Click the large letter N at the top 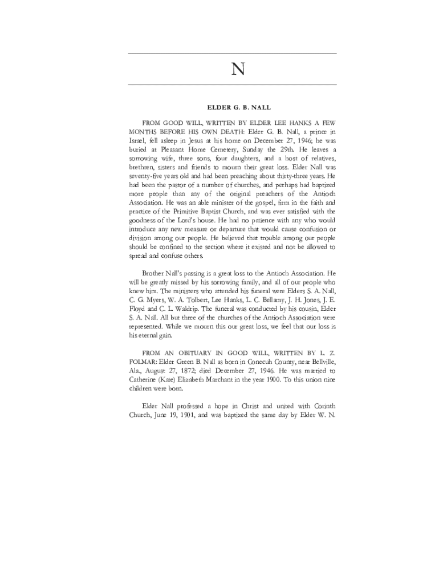238,70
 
